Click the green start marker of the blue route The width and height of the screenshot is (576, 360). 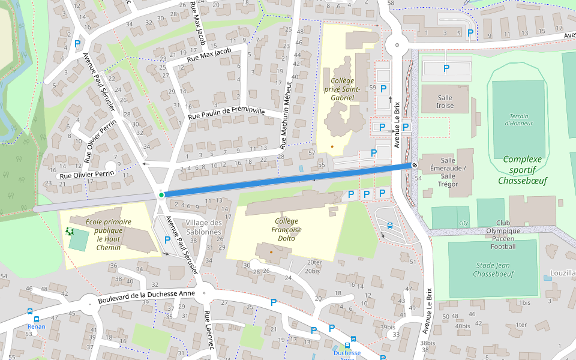point(161,195)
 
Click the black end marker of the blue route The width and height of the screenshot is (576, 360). point(414,165)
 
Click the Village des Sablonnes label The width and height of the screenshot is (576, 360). point(203,227)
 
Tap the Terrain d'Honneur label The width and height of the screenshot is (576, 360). point(520,119)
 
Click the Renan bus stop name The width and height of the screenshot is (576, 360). point(36,327)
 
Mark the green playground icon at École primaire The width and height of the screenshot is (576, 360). point(69,231)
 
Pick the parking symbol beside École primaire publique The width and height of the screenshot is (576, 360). point(167,240)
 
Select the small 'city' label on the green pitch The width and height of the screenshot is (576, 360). point(463,223)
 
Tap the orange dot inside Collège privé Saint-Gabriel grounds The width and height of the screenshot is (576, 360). point(332,146)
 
